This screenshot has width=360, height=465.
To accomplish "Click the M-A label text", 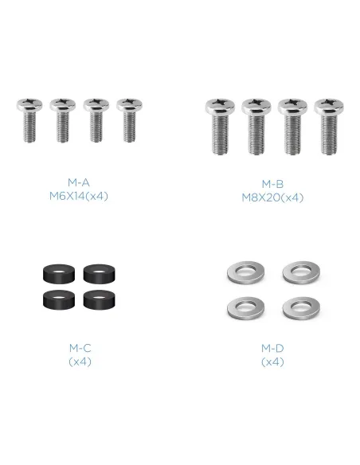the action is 79,182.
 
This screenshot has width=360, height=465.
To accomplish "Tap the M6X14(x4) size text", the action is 79,196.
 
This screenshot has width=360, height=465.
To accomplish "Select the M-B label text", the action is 272,184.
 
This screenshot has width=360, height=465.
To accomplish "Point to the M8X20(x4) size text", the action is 272,197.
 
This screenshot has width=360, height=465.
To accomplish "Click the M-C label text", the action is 80,348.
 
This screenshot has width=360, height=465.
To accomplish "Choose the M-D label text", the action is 272,348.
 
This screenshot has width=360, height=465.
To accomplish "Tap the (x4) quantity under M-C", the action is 80,361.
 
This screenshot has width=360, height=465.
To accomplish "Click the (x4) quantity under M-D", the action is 272,361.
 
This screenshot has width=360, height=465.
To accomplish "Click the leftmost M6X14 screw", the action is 29,120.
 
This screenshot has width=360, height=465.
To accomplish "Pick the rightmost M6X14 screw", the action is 129,120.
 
